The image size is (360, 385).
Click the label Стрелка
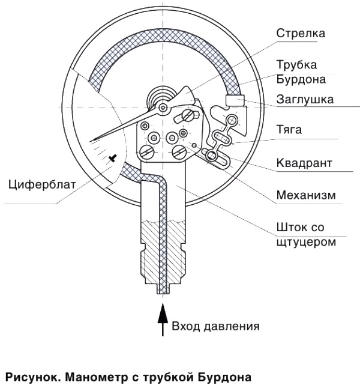(x=301, y=33)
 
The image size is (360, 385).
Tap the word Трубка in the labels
(x=296, y=65)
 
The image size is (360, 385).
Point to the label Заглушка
(x=305, y=99)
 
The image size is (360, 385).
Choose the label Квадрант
(x=304, y=163)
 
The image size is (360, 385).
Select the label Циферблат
(x=43, y=184)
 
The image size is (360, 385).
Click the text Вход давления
(x=215, y=327)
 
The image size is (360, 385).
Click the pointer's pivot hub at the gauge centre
(x=163, y=108)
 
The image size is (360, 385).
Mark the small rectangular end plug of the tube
(x=232, y=100)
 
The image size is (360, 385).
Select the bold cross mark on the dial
(x=113, y=158)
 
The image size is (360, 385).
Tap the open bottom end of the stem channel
(x=161, y=291)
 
